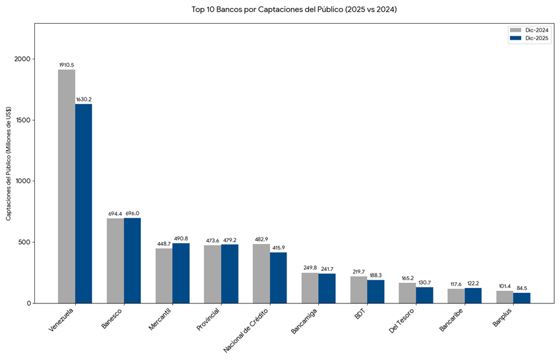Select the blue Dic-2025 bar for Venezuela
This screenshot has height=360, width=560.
[x=84, y=204]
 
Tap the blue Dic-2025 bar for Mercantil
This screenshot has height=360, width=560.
[x=181, y=274]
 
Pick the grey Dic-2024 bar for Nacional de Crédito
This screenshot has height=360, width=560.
[x=261, y=274]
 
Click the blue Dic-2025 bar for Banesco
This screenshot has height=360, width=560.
[x=132, y=261]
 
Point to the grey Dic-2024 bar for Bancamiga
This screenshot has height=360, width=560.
[x=310, y=288]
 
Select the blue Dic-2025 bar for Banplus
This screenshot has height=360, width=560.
[x=522, y=298]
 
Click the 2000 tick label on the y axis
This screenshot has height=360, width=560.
[x=22, y=59]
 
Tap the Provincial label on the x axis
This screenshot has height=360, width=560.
[x=210, y=319]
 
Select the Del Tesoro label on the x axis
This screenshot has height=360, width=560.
[x=403, y=320]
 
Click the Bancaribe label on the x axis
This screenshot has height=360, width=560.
[x=452, y=320]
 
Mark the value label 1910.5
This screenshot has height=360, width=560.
[x=67, y=65]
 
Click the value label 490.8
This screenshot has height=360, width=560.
[x=181, y=239]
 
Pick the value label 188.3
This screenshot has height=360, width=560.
[x=376, y=276]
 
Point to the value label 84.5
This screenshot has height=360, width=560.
[x=522, y=288]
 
